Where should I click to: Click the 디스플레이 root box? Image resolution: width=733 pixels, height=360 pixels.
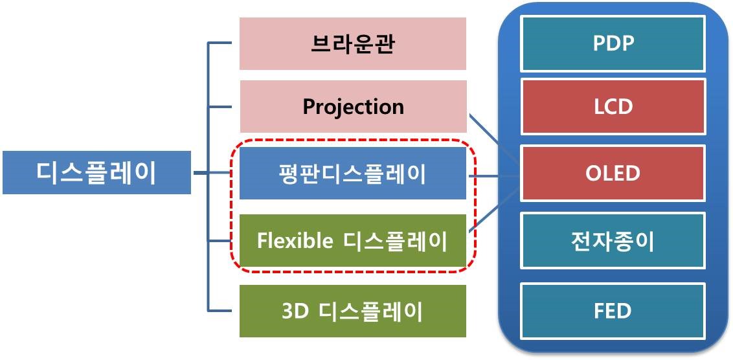(96, 173)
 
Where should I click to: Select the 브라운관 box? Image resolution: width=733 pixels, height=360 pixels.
(353, 44)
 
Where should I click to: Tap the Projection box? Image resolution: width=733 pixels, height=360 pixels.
(353, 106)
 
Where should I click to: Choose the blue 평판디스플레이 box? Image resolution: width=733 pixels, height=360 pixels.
(353, 174)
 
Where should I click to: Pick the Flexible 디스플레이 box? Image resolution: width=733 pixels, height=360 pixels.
(353, 241)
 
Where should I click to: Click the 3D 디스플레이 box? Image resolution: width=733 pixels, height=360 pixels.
(353, 311)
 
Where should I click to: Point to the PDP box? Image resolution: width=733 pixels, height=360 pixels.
(613, 44)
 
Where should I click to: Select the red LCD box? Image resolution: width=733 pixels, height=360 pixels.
(613, 106)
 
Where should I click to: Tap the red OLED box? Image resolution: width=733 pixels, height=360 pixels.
(613, 174)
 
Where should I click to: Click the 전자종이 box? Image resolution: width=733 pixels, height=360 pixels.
(613, 241)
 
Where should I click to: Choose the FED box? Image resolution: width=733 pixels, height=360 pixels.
(613, 311)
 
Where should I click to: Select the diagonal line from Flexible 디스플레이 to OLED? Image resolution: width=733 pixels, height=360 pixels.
(493, 210)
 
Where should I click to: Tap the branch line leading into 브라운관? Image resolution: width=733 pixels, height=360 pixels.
(220, 44)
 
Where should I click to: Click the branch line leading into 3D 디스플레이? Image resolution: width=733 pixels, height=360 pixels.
(220, 310)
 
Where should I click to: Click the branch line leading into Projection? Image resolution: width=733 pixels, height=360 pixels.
(220, 106)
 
